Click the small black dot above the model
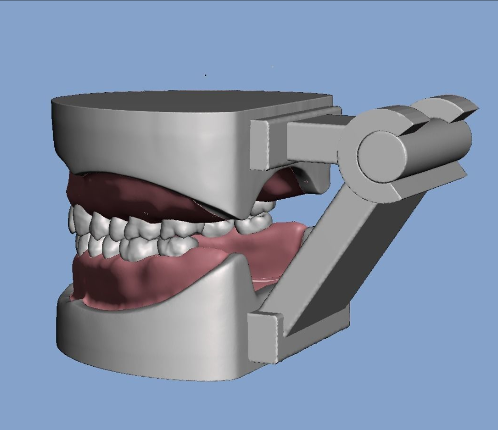tap(205, 76)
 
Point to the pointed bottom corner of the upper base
tap(235, 215)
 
